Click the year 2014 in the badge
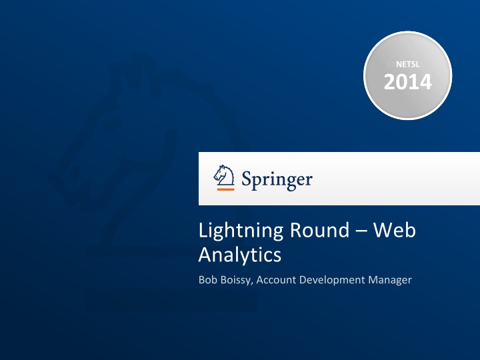(407, 82)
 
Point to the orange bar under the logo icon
(225, 189)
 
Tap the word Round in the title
(313, 231)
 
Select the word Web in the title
(394, 231)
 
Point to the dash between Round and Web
(360, 232)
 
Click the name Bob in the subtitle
(207, 280)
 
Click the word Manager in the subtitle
(390, 280)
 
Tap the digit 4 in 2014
(424, 82)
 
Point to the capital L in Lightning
(203, 231)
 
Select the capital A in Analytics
(205, 254)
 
